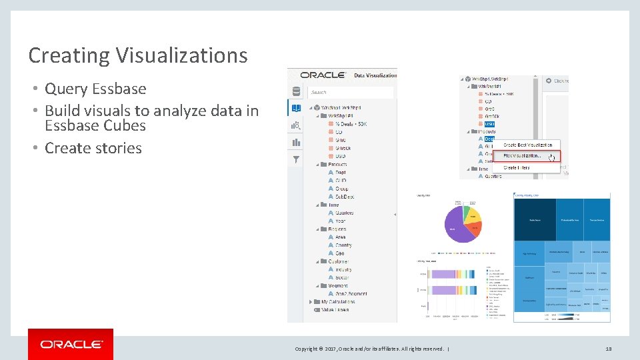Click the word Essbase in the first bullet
119,89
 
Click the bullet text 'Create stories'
93,148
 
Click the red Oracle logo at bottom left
71,344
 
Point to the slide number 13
608,349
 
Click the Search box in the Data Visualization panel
351,93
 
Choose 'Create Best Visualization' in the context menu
527,145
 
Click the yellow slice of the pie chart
473,216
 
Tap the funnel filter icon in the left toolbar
296,159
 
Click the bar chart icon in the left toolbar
296,142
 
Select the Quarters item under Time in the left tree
344,213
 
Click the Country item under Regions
343,245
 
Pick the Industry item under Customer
344,269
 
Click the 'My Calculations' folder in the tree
338,302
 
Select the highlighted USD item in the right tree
489,124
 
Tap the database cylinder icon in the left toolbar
296,92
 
